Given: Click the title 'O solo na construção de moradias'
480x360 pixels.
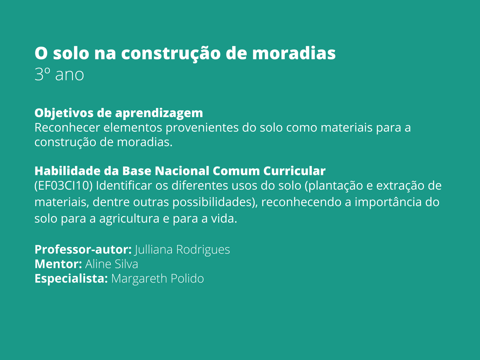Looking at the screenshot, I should [x=185, y=53].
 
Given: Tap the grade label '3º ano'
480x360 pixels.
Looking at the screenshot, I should [x=59, y=74].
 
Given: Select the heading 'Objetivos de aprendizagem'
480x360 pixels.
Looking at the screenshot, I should [x=118, y=113].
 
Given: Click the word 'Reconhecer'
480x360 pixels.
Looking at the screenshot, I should [x=67, y=127].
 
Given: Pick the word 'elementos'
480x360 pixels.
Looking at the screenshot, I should [x=133, y=127].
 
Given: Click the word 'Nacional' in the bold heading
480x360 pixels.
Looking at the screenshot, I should [x=182, y=171].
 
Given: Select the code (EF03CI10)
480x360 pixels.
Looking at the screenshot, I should [x=63, y=186].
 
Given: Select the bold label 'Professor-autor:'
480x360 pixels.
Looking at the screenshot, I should [x=83, y=249].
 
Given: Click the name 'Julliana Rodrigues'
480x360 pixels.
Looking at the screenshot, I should [x=182, y=249].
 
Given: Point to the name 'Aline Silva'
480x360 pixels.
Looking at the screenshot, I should [x=112, y=264].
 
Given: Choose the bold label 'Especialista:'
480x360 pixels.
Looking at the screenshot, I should [x=71, y=278].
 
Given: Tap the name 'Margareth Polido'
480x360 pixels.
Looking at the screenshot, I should [x=157, y=278].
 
